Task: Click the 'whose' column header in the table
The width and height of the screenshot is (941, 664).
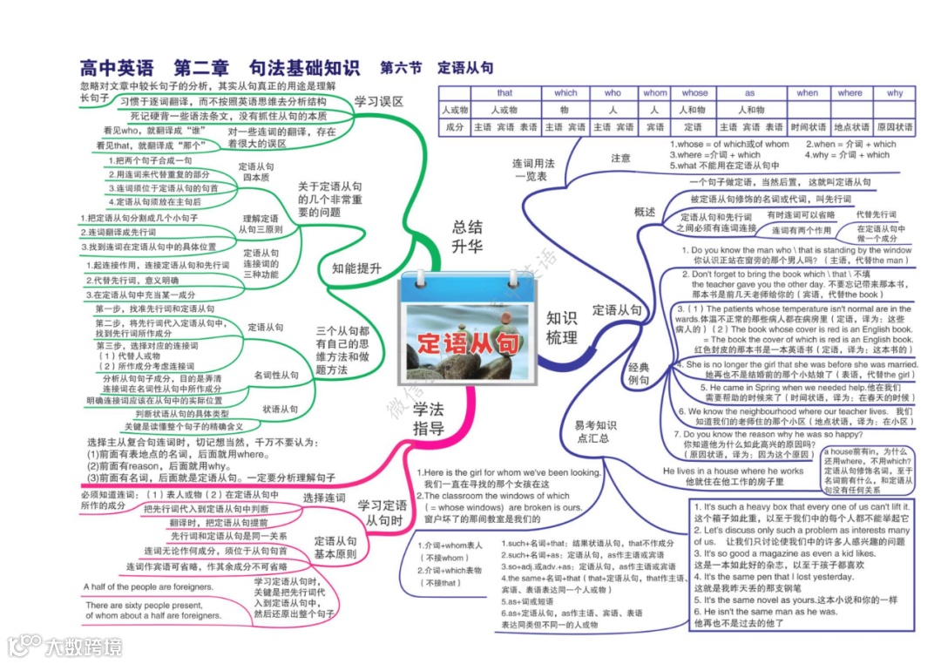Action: pyautogui.click(x=694, y=93)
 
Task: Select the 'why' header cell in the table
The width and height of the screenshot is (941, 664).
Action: pyautogui.click(x=895, y=93)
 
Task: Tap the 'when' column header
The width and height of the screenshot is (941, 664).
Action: pyautogui.click(x=808, y=93)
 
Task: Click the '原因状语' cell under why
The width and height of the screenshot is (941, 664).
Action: pyautogui.click(x=895, y=127)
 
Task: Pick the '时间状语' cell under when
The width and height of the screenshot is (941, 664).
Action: pyautogui.click(x=808, y=127)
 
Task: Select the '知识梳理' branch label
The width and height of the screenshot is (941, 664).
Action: pyautogui.click(x=561, y=328)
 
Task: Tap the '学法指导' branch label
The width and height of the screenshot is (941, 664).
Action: pyautogui.click(x=429, y=418)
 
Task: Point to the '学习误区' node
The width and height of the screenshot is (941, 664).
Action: pyautogui.click(x=378, y=102)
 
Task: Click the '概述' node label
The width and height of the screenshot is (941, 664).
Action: pyautogui.click(x=645, y=212)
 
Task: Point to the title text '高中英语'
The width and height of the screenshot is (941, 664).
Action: pyautogui.click(x=117, y=68)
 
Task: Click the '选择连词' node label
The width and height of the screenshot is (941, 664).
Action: pyautogui.click(x=324, y=498)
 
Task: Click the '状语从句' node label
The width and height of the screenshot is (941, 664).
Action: pyautogui.click(x=280, y=408)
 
